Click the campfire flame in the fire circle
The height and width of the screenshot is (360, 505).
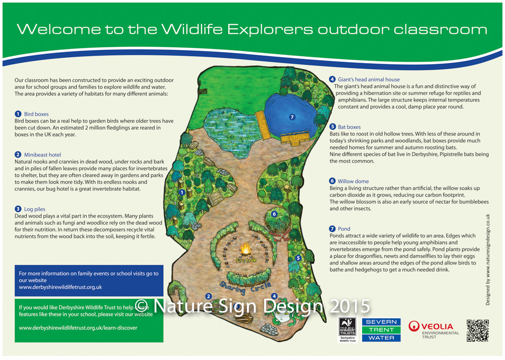point(245,249)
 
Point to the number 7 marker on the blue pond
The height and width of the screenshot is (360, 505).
point(291,117)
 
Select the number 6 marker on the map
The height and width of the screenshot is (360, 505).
point(274,214)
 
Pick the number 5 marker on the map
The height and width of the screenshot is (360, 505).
point(298,258)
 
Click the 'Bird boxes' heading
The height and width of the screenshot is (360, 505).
point(36,114)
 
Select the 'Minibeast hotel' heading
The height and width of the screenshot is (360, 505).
point(42,155)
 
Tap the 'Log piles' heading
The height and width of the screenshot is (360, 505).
point(34,209)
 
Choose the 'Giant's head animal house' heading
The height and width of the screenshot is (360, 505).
point(368,79)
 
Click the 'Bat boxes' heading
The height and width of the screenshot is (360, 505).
point(349,127)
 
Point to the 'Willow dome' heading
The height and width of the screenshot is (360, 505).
point(353,181)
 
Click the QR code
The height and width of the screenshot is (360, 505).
point(477,331)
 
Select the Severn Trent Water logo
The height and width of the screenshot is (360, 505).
point(381,330)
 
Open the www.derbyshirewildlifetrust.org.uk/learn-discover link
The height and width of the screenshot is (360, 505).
point(78,327)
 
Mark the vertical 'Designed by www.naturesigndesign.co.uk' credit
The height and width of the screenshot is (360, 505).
point(488,259)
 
